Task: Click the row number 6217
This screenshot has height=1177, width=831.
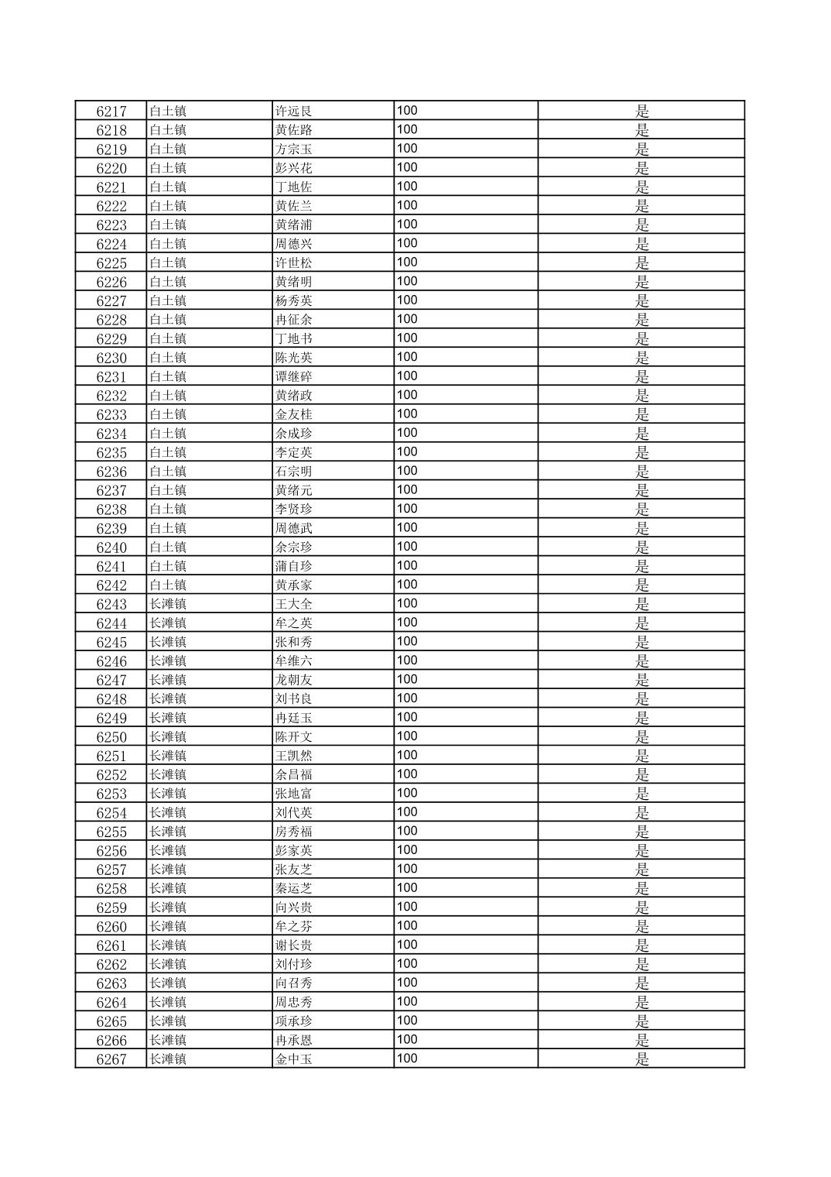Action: (x=111, y=112)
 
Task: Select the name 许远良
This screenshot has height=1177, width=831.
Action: (x=293, y=112)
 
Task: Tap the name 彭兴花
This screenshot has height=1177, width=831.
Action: (x=293, y=168)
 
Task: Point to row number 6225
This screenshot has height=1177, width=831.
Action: (x=111, y=263)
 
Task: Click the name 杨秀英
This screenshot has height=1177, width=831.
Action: (x=293, y=301)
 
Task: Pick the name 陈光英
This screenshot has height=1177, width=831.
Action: (x=293, y=358)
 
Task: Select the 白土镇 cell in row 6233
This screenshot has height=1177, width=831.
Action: (x=167, y=415)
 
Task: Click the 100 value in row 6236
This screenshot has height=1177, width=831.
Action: (x=407, y=471)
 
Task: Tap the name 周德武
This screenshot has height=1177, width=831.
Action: (x=293, y=529)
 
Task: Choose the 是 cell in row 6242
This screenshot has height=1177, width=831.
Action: (x=641, y=585)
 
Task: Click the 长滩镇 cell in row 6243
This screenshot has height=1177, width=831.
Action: (x=167, y=605)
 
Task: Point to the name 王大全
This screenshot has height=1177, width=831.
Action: (x=293, y=605)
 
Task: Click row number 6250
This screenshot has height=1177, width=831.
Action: (x=111, y=737)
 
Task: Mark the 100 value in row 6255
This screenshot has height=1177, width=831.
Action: (x=407, y=831)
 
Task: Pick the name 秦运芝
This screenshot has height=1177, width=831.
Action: (x=293, y=889)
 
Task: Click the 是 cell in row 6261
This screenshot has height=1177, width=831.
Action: (x=641, y=945)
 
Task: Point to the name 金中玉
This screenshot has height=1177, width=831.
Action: (x=293, y=1059)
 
